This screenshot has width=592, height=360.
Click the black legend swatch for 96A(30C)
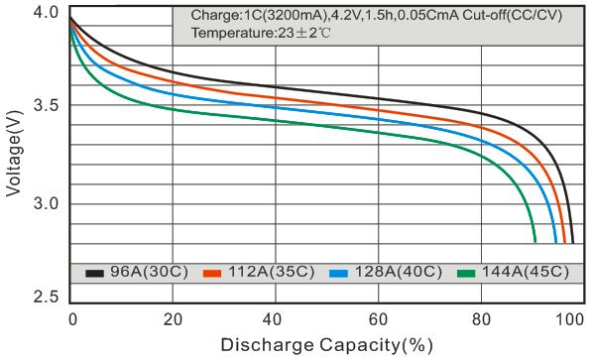coord(94,273)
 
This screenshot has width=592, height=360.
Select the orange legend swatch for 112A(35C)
coord(212,273)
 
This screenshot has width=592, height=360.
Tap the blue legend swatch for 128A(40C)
coord(338,273)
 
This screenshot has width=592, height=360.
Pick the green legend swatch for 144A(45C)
coord(466,273)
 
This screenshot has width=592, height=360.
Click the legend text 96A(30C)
coord(149,272)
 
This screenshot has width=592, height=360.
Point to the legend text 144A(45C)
coord(526,272)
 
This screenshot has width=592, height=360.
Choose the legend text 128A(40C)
coord(399,272)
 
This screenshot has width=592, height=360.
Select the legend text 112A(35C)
coord(272,272)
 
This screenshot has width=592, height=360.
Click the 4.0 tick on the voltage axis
coord(46,13)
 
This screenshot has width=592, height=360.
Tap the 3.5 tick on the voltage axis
coord(46,105)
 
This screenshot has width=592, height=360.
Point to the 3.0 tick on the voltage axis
coord(46,203)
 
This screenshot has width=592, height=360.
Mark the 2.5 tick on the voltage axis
coord(46,297)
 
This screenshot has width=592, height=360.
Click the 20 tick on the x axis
coord(173,319)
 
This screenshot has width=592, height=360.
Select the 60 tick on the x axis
coord(379,319)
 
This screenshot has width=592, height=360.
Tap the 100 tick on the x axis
coord(569,319)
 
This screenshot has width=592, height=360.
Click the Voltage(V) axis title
coord(14,154)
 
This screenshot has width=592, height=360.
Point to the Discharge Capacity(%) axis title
coord(326,345)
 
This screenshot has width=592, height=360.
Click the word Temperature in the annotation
coord(232,34)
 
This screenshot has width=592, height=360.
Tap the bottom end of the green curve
coord(535,243)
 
